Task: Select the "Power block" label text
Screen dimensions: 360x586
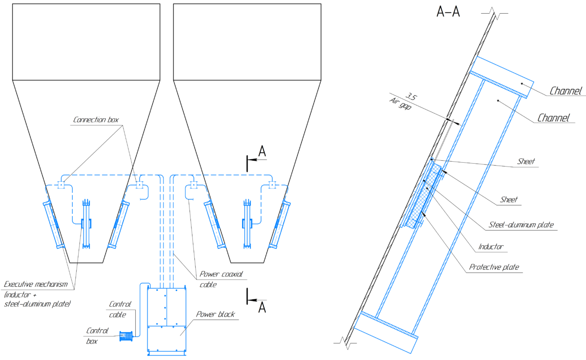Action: point(215,314)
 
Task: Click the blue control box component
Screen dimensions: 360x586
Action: point(126,336)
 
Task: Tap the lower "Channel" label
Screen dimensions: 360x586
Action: point(554,118)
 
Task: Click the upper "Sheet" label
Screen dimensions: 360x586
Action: point(526,161)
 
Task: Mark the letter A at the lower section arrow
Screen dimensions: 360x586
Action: point(262,307)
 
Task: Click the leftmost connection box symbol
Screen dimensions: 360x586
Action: point(62,185)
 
